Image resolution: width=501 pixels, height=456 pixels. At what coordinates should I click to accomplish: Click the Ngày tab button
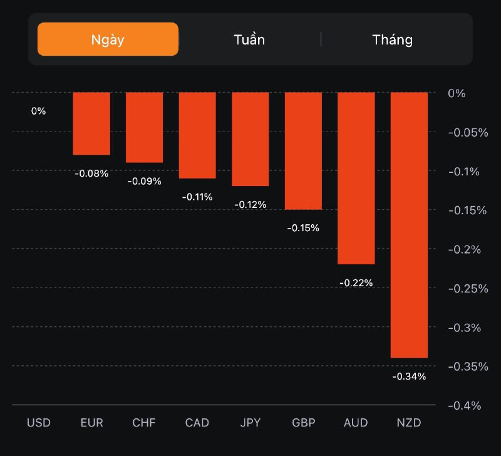coord(108,39)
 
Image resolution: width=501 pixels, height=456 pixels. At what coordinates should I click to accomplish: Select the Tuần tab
coord(249,39)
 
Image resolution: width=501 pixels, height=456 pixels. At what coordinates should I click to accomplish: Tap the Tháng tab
coord(393,39)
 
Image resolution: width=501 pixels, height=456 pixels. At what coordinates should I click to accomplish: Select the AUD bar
coord(356,178)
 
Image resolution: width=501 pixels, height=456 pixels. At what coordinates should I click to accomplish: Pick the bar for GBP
coord(303,150)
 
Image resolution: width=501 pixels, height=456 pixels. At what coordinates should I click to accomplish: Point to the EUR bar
coord(91,123)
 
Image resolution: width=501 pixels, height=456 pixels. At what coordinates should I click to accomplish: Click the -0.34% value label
coord(409,376)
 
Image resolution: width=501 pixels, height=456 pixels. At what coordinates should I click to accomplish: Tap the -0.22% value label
coord(356,283)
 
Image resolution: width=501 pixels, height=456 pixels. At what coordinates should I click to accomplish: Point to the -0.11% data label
coord(197,197)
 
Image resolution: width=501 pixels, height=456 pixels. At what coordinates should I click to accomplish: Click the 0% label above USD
coord(39,111)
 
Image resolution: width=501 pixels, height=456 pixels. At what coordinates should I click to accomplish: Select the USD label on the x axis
coord(39,423)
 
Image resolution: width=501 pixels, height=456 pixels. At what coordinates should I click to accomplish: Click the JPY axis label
coord(250,423)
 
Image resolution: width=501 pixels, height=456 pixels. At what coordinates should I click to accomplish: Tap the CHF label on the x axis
coord(144,423)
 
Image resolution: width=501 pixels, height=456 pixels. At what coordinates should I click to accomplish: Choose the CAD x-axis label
coord(197,423)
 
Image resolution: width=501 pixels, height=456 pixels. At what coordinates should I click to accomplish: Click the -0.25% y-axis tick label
coord(467,288)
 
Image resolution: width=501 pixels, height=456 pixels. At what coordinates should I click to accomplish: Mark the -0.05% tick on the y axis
coord(467,132)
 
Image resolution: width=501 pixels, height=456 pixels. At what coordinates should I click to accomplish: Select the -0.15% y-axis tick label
coord(467,210)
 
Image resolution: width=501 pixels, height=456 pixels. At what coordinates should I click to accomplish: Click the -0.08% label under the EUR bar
coord(91,174)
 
